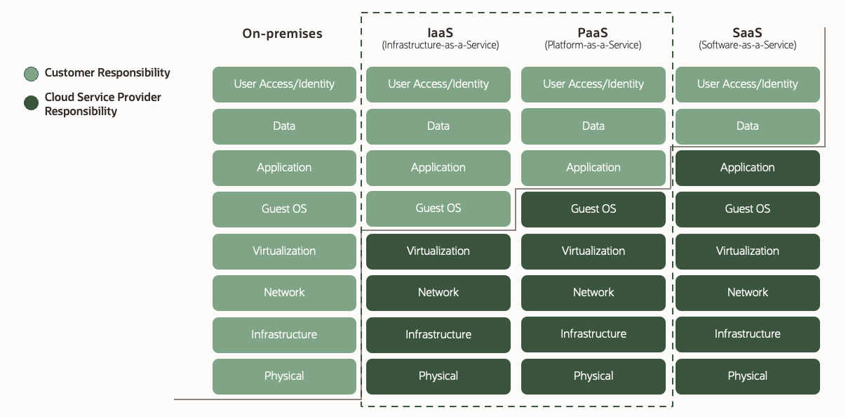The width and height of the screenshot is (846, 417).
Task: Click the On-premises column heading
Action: [x=282, y=34]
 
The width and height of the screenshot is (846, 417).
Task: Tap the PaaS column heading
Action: [x=593, y=32]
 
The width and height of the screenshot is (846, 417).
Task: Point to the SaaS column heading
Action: [x=747, y=32]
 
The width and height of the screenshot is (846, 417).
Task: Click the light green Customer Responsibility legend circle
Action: [x=31, y=74]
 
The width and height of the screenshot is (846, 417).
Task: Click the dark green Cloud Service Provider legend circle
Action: [x=31, y=103]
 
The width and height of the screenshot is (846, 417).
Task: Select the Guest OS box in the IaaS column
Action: [x=438, y=208]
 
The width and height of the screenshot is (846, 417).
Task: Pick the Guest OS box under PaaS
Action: [x=593, y=209]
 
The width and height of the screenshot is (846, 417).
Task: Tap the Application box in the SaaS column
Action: [x=747, y=168]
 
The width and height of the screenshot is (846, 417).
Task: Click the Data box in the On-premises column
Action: [x=284, y=126]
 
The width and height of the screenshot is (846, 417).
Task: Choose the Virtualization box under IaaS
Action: [x=438, y=251]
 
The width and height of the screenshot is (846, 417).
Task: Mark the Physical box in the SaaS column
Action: [x=747, y=376]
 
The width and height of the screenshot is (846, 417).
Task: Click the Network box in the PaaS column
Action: [x=593, y=293]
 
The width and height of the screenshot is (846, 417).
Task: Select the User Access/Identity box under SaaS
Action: [x=747, y=84]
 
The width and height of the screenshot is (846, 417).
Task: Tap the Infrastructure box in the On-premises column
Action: [x=284, y=335]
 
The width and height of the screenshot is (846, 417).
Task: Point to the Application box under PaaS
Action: [x=593, y=168]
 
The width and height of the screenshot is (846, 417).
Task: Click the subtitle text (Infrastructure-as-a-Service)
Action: [x=440, y=46]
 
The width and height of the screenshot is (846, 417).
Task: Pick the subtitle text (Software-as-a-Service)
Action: [x=747, y=46]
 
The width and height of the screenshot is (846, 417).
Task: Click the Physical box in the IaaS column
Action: [x=438, y=376]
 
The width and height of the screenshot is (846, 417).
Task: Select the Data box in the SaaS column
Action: [x=747, y=126]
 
